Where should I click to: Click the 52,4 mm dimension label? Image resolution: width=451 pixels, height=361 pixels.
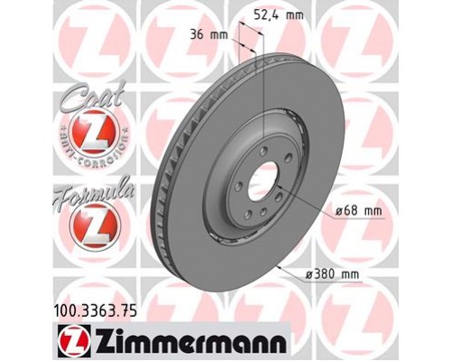(280, 14)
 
